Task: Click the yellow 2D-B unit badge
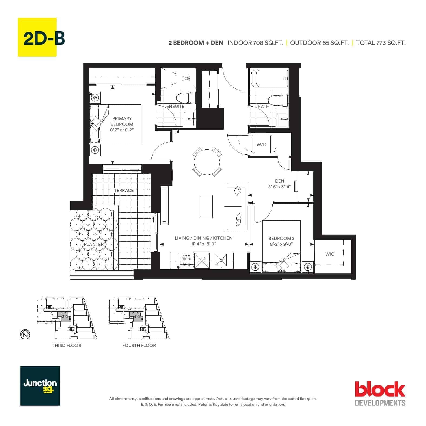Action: (x=37, y=37)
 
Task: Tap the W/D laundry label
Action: (x=261, y=144)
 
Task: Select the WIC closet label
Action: (x=330, y=254)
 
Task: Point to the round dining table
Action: (x=207, y=162)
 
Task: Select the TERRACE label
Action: (x=124, y=190)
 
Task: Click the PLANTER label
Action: (x=94, y=244)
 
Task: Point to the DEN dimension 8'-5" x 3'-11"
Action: (x=279, y=187)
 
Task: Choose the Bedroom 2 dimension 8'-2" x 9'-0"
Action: (x=281, y=244)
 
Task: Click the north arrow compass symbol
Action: (x=25, y=335)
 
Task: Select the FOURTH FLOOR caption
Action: (x=139, y=345)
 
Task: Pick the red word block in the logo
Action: (x=380, y=389)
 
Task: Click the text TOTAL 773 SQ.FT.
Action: (x=381, y=43)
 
